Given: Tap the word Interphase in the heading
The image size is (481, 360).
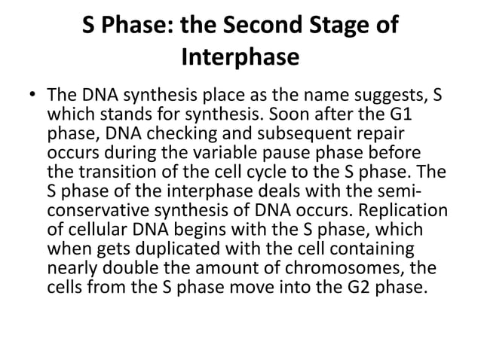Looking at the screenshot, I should pyautogui.click(x=240, y=57).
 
